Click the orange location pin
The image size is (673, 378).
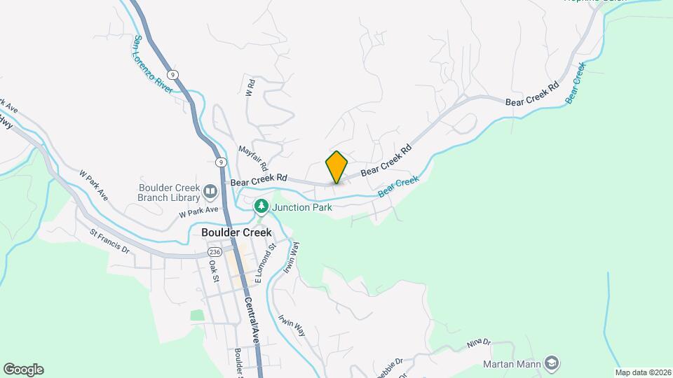pos(336,167)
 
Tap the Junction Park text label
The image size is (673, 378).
pos(301,206)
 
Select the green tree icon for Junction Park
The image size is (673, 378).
pos(261,206)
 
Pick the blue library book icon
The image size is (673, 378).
pos(210,190)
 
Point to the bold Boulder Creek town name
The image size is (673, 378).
pos(236,232)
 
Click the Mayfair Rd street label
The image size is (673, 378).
pos(254,159)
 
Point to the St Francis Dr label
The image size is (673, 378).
pos(110,240)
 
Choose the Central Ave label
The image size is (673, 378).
pos(252,319)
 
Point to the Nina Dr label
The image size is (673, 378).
pos(479,342)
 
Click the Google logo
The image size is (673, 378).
pos(23,369)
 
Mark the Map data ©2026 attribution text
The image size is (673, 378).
pos(643,372)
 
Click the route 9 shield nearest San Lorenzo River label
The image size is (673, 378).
pos(172,74)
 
